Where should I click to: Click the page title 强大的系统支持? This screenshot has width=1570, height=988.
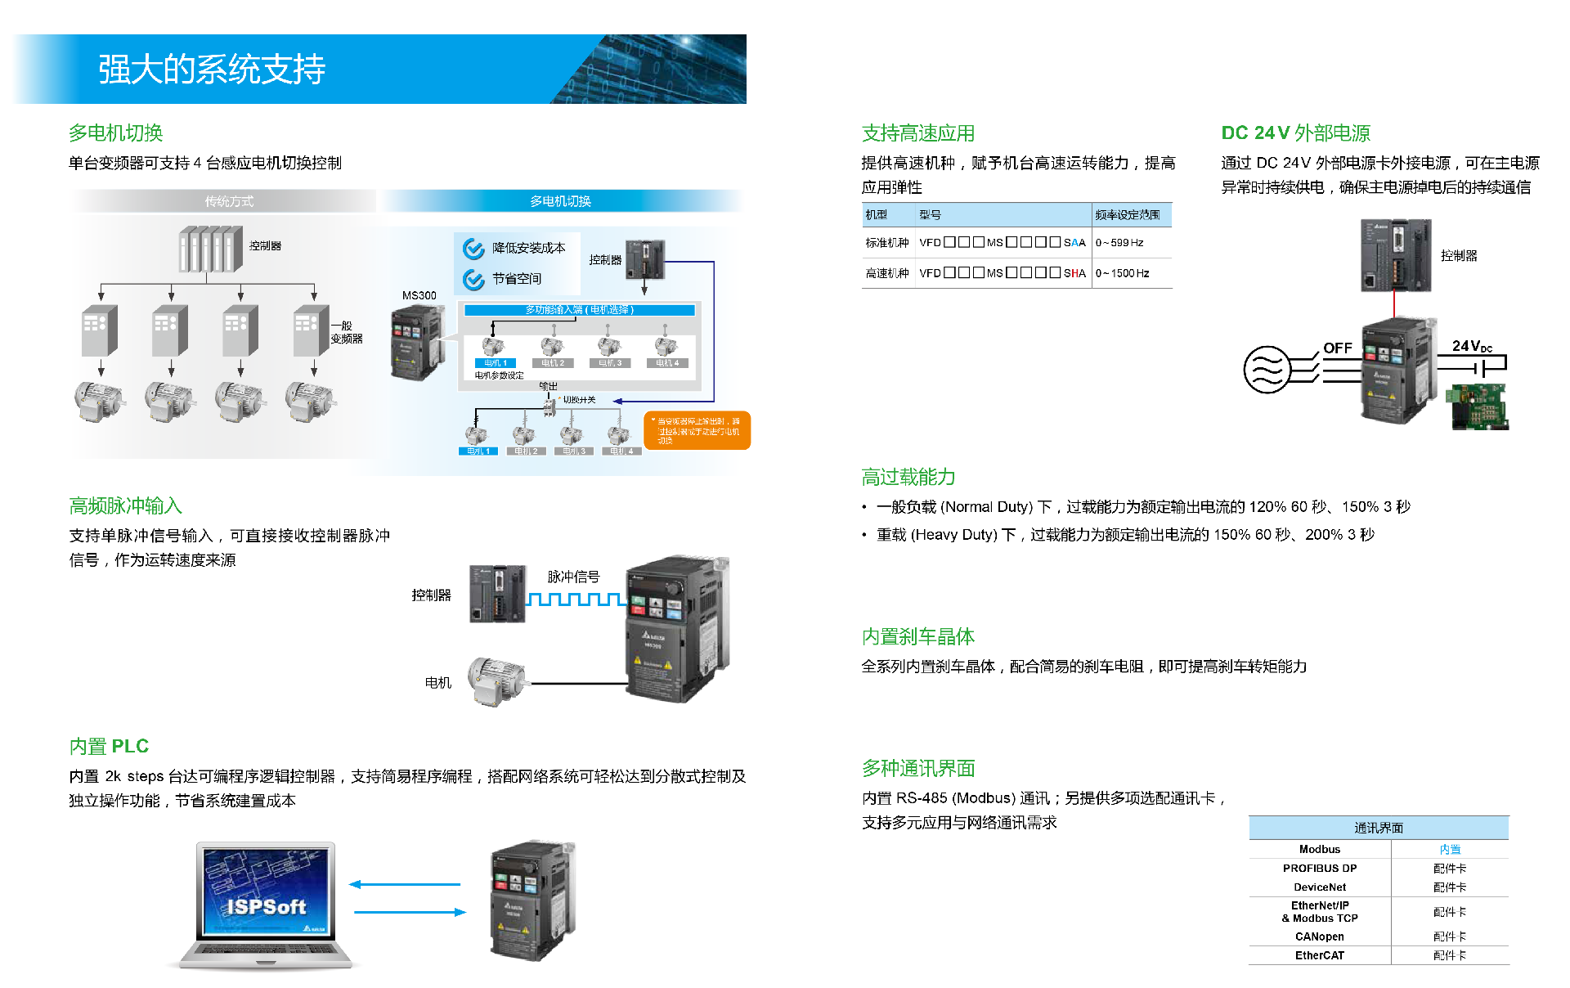212,70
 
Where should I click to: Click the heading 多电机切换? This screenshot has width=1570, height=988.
115,132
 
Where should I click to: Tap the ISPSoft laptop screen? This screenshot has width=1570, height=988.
266,891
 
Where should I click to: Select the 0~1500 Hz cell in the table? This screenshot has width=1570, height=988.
1122,273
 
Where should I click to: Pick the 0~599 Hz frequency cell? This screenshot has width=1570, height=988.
1119,243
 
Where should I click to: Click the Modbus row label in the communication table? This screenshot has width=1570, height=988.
1319,850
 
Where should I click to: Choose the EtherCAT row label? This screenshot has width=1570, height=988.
1319,955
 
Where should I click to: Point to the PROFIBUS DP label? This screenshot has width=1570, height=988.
1319,869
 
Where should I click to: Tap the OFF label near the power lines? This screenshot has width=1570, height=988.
1337,348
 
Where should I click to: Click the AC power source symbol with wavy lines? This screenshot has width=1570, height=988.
1267,370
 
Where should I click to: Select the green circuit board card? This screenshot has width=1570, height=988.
1478,406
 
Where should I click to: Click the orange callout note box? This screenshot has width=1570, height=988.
697,430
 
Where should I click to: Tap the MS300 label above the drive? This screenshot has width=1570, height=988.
419,295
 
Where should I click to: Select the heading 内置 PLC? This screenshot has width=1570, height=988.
109,746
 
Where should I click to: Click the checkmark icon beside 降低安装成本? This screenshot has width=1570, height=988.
473,249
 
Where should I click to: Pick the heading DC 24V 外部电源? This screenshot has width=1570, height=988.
1295,133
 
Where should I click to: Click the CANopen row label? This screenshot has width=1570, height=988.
1319,936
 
